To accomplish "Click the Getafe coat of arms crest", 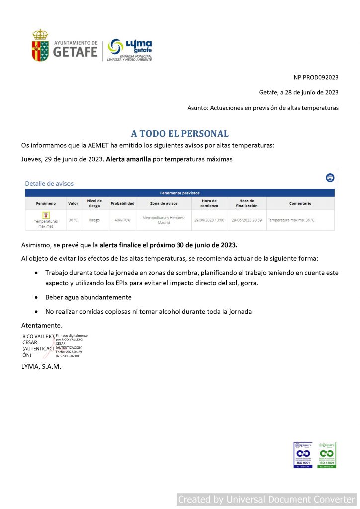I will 40,45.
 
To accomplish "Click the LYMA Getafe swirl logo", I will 116,48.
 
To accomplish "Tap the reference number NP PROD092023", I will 316,77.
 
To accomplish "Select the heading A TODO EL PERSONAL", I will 180,134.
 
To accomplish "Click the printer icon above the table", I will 330,178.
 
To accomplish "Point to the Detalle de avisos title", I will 49,184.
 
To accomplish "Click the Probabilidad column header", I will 122,203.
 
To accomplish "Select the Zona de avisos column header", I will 164,203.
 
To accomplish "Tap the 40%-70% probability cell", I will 122,220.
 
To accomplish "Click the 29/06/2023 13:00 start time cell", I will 209,220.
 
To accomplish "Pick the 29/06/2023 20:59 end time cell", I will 246,220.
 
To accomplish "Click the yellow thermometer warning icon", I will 46,215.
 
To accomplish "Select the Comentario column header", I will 300,203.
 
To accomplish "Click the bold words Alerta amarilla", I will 128,159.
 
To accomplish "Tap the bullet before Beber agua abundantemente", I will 37,297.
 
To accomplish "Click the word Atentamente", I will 42,325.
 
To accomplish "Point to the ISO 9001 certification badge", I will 303,455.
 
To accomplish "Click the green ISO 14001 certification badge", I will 327,455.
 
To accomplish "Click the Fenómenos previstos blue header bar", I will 180,193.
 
